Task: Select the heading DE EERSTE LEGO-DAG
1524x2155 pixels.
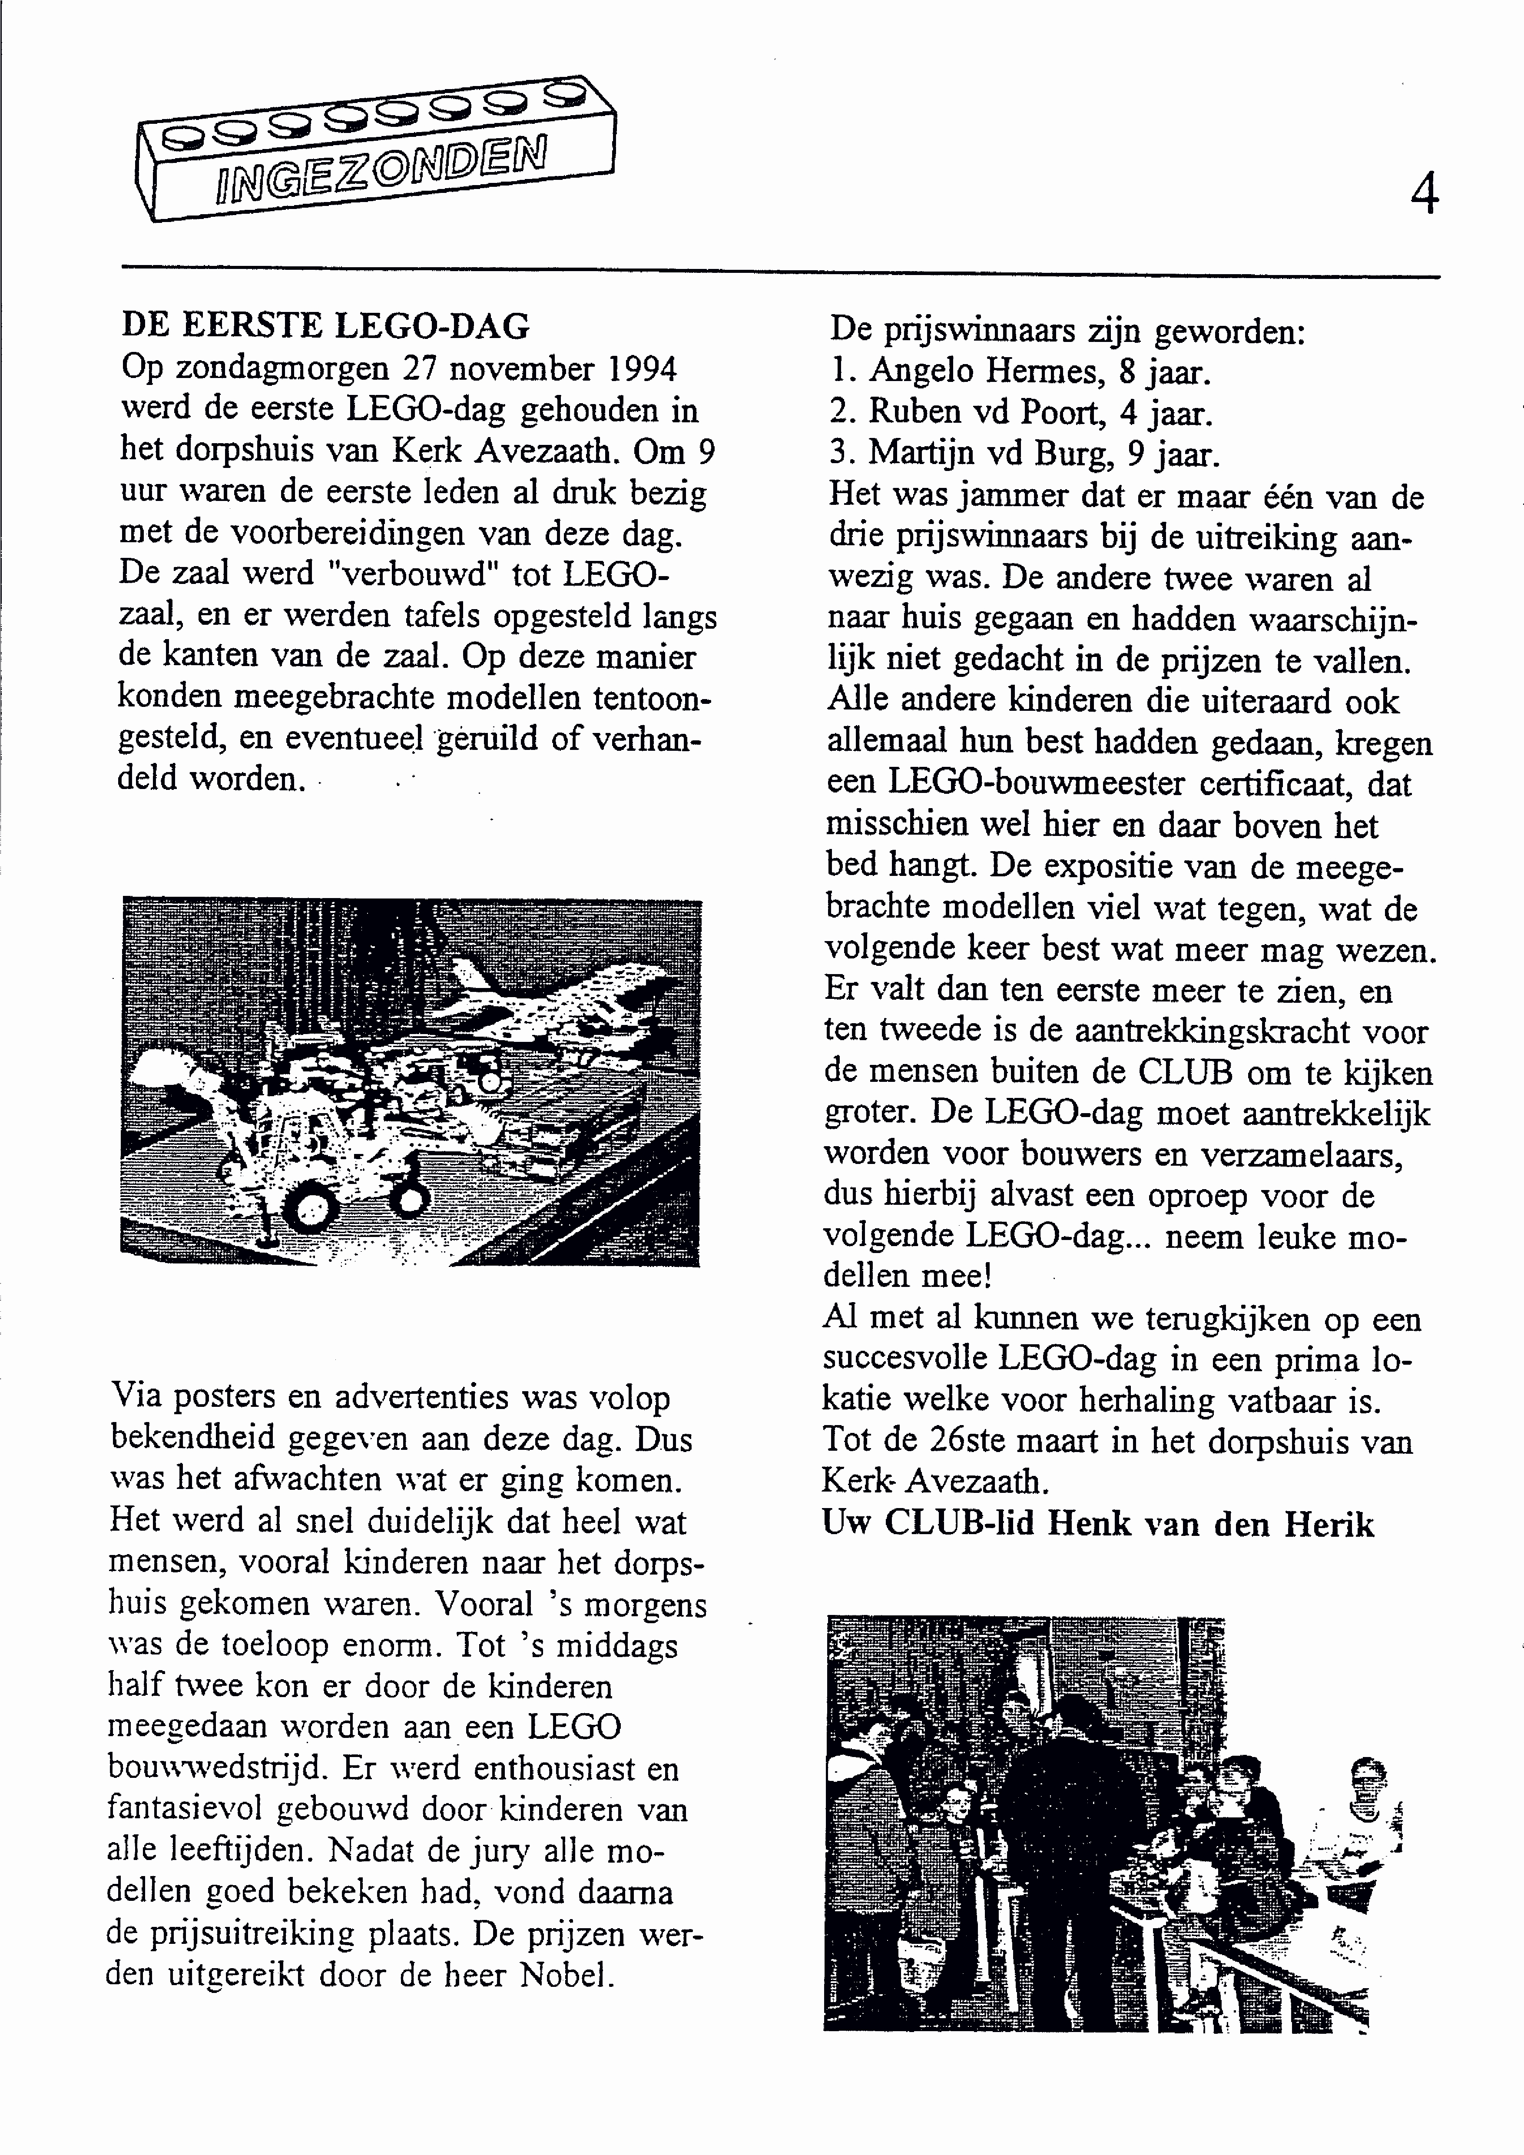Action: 326,326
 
